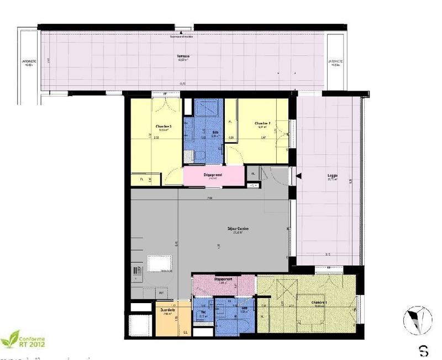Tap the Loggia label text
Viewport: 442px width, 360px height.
click(331, 177)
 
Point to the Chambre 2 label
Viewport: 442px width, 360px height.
click(262, 123)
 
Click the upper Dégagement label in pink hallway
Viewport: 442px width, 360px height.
click(211, 175)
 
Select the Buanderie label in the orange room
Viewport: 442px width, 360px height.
click(168, 310)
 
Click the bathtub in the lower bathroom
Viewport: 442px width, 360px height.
click(234, 324)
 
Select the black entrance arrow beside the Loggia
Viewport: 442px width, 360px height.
click(298, 176)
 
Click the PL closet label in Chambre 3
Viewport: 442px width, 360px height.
click(142, 179)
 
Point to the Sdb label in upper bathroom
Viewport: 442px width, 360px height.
click(214, 133)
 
